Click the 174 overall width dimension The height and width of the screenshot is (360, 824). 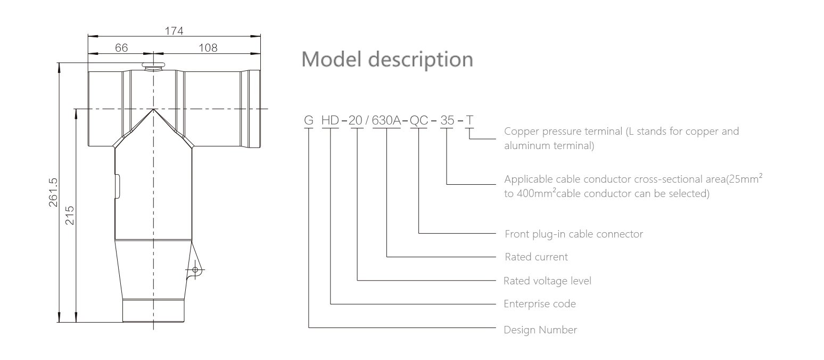click(174, 31)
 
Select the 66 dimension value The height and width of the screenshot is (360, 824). click(121, 48)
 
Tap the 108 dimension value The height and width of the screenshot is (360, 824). click(208, 48)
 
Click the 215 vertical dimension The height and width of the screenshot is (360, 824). click(69, 215)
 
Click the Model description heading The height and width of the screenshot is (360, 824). click(387, 59)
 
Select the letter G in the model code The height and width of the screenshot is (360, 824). click(309, 120)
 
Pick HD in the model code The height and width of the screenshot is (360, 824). click(330, 120)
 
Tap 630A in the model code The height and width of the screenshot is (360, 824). click(386, 120)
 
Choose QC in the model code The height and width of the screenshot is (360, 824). click(418, 120)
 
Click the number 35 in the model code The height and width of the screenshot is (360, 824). click(447, 120)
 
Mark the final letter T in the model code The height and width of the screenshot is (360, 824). click(469, 120)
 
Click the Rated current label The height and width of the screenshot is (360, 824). click(536, 257)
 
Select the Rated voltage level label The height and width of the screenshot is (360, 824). click(547, 281)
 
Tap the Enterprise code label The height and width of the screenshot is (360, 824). click(540, 304)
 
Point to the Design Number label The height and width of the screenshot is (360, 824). click(540, 330)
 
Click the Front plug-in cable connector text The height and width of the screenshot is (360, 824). click(573, 234)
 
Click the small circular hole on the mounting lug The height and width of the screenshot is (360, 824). click(195, 270)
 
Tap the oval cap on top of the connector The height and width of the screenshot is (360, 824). click(154, 66)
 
